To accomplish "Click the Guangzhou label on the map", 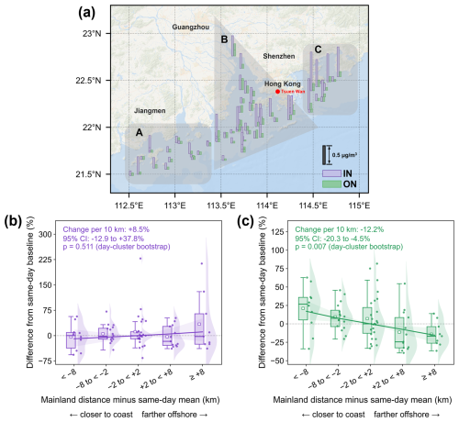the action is tap(191, 27).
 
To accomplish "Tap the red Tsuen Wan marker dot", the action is tap(277, 92).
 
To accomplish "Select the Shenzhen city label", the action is tap(279, 56).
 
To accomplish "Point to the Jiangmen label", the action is tap(150, 111).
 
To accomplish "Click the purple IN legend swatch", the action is tap(331, 173).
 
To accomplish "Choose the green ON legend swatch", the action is tap(331, 184).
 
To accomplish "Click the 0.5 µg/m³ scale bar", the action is tap(324, 155).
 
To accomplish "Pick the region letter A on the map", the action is tap(140, 133).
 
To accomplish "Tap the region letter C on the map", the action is tap(319, 50).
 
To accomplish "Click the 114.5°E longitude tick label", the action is tap(313, 205).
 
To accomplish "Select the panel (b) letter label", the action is tap(13, 222).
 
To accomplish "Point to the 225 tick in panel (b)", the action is tap(45, 260).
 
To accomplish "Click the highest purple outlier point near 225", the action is tap(140, 259).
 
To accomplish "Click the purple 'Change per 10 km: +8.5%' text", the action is tap(106, 229).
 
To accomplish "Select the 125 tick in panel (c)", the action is tap(278, 231).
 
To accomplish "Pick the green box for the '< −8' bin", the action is tap(303, 308).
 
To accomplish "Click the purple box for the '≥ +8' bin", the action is tap(199, 328).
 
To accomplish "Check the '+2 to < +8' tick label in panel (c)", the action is tap(388, 378).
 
